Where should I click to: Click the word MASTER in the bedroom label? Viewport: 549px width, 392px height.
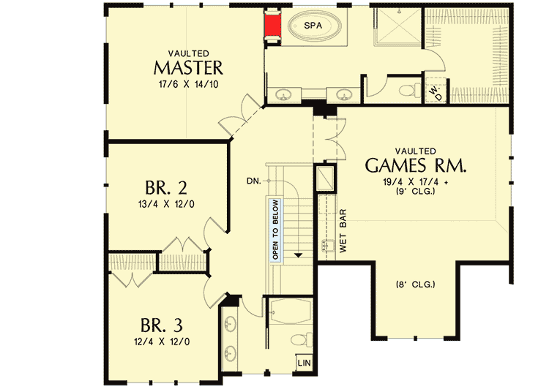point(187,68)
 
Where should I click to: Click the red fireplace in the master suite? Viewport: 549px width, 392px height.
point(273,27)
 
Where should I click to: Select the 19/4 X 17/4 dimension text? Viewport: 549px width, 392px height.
point(414,182)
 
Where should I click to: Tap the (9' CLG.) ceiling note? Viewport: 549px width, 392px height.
point(414,193)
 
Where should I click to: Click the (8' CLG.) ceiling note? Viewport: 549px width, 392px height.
point(414,284)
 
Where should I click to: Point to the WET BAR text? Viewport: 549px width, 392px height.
point(342,231)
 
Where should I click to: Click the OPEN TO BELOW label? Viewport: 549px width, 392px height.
point(275,230)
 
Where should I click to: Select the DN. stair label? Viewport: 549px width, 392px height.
point(255,180)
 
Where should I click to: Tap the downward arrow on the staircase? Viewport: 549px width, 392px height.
point(299,255)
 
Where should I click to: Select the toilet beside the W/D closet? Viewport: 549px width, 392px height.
point(406,91)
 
